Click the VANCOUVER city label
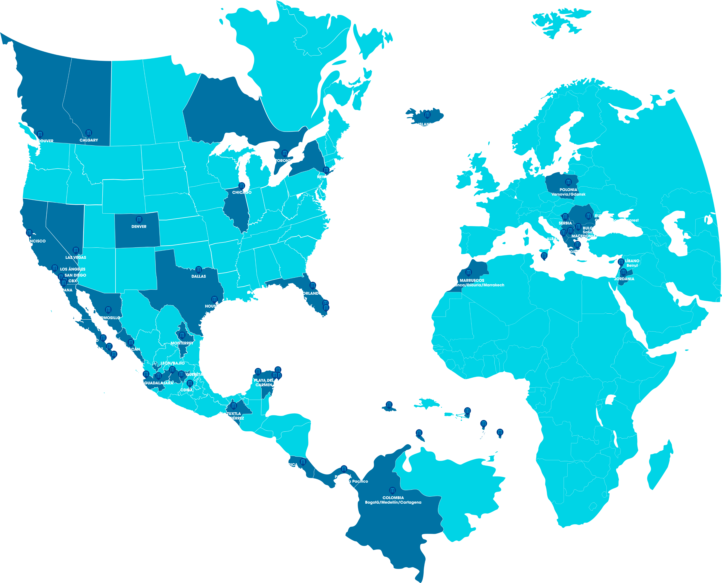point(41,141)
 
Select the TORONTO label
point(284,161)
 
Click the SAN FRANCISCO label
point(30,241)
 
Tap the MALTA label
point(544,262)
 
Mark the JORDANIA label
point(624,279)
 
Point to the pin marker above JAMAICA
point(389,405)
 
